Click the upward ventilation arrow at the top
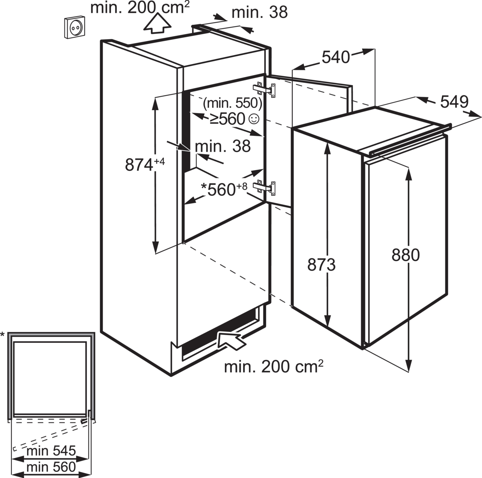(157, 23)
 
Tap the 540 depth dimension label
(336, 57)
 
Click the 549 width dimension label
(454, 102)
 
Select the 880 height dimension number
(406, 255)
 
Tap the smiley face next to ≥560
(254, 119)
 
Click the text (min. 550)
(233, 103)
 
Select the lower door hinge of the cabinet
(265, 188)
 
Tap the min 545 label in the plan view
(51, 451)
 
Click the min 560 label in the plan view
(51, 467)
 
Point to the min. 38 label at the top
(259, 13)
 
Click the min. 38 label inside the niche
(223, 147)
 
